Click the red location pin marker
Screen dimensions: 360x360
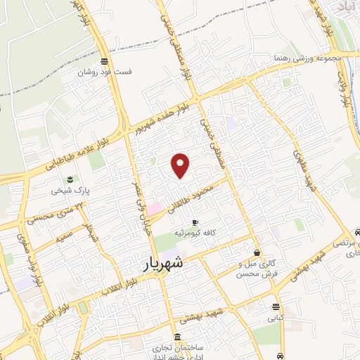pos(181,165)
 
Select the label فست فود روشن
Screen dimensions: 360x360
pos(105,72)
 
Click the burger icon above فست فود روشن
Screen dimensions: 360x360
pos(105,61)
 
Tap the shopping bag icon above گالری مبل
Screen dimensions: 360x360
pos(257,252)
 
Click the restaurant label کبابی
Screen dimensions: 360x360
pos(275,317)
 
